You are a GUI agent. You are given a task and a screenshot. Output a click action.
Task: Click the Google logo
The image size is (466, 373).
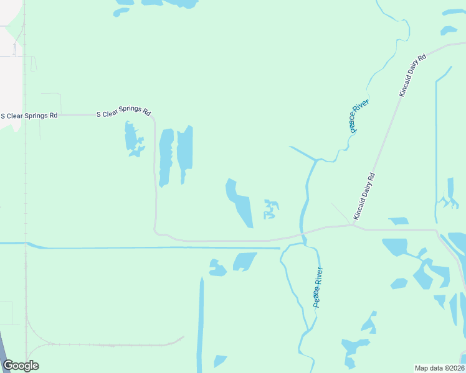(21, 366)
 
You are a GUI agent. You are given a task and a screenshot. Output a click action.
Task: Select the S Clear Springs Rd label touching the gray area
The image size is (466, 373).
(29, 115)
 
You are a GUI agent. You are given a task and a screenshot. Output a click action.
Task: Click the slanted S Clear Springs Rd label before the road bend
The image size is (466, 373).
(124, 113)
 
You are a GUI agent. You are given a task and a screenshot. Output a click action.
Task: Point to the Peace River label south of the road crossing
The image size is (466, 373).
(318, 287)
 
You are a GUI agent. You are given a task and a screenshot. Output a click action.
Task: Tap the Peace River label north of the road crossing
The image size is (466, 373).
(359, 115)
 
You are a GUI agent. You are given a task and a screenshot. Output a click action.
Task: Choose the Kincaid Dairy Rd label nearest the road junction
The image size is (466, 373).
(364, 195)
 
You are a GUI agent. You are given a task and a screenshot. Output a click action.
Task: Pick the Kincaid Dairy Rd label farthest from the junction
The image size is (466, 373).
(412, 75)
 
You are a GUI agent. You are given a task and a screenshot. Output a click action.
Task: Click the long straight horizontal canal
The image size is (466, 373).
(156, 247)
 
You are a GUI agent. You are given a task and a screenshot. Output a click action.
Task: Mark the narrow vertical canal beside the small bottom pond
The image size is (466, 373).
(201, 323)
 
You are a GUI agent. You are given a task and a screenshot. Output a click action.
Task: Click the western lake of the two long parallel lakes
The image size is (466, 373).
(166, 157)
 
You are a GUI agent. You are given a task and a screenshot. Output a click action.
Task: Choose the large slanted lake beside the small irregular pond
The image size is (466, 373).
(239, 202)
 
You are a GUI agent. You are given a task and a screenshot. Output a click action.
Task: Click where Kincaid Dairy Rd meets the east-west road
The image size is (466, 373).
(354, 226)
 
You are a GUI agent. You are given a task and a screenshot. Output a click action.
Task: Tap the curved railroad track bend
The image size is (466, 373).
(31, 333)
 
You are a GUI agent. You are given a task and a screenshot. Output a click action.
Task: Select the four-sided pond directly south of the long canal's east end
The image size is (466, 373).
(245, 261)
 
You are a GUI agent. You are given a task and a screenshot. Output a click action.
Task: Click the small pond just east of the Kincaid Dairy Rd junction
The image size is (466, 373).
(398, 221)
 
